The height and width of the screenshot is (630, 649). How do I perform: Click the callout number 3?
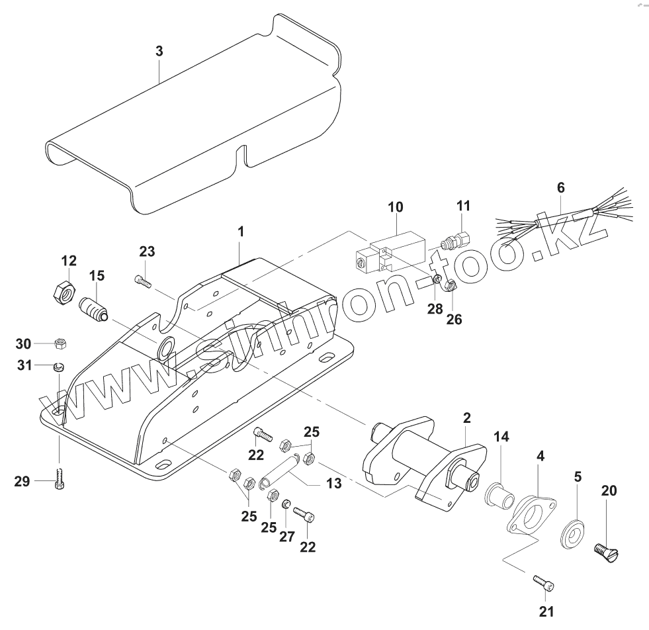pos(159,51)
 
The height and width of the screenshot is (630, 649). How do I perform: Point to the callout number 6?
pos(561,187)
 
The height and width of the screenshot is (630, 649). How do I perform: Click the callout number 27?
pos(286,535)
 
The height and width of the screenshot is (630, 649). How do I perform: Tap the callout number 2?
pos(467,417)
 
